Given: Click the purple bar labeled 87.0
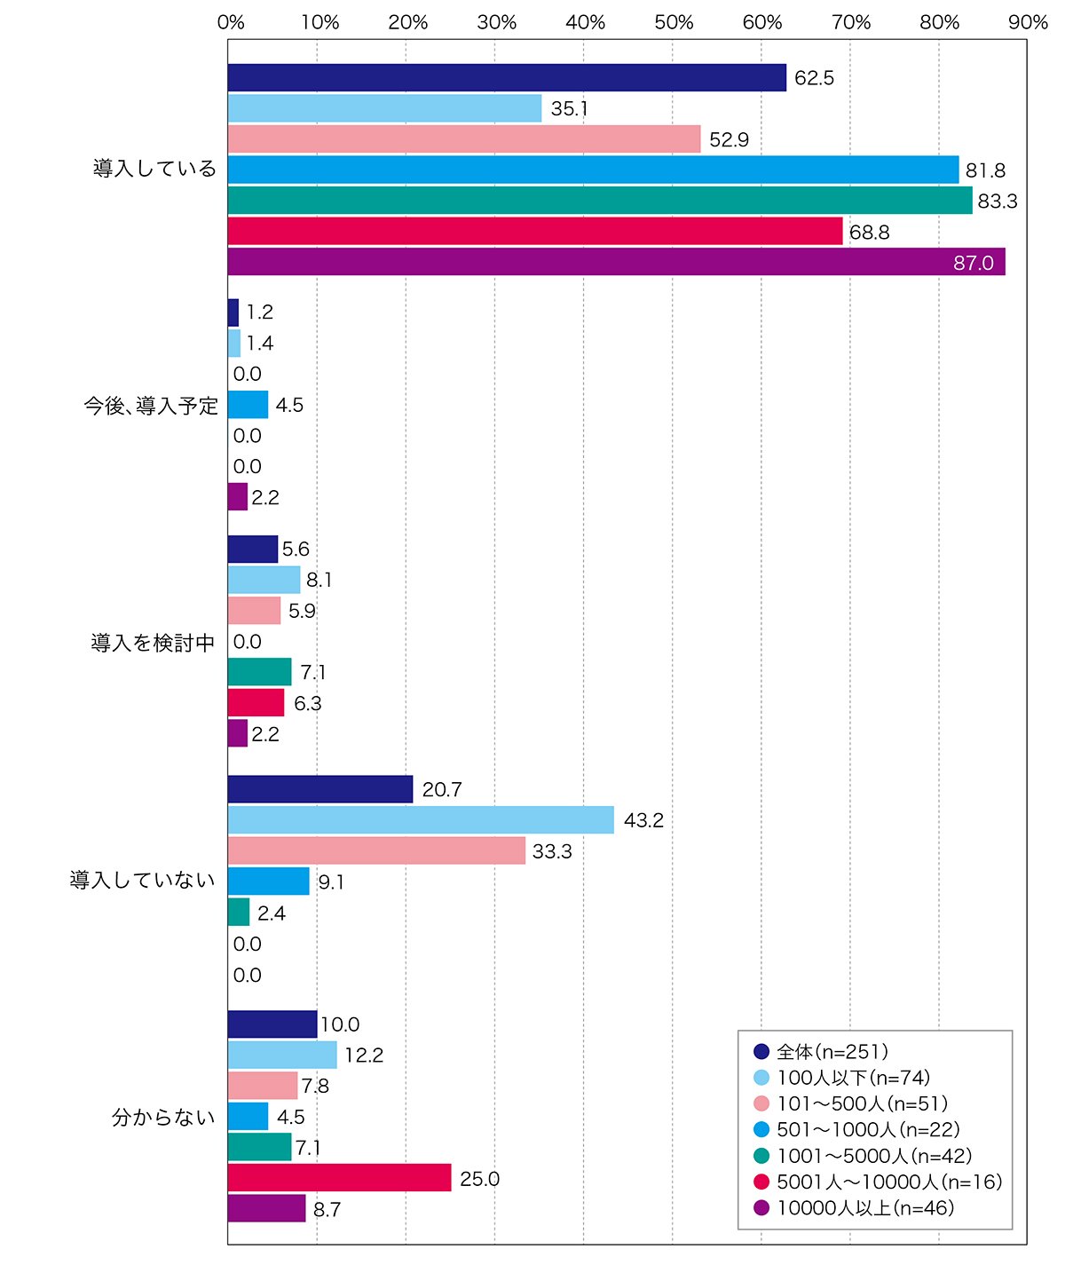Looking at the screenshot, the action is click(x=616, y=262).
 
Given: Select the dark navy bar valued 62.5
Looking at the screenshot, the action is click(x=507, y=77).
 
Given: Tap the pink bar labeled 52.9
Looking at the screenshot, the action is click(x=464, y=138).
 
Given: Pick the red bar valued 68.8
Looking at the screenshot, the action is click(x=535, y=231).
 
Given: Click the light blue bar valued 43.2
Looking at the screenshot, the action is click(x=421, y=819).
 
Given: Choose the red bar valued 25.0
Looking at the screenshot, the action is click(x=339, y=1177).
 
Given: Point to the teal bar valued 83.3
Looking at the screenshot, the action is click(x=600, y=200).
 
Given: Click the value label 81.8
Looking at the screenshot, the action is click(x=985, y=170).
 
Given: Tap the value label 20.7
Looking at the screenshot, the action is click(x=442, y=789).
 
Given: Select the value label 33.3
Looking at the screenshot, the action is click(x=552, y=851).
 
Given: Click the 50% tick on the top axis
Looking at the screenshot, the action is click(x=674, y=22).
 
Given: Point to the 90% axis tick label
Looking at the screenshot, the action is click(x=1028, y=22).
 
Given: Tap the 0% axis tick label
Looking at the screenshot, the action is click(x=231, y=22).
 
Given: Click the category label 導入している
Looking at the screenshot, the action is click(x=154, y=169).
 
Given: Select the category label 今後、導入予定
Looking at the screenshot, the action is click(x=151, y=406).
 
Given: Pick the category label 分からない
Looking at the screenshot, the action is click(x=163, y=1117).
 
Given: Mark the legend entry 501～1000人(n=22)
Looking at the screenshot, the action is click(x=856, y=1129).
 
